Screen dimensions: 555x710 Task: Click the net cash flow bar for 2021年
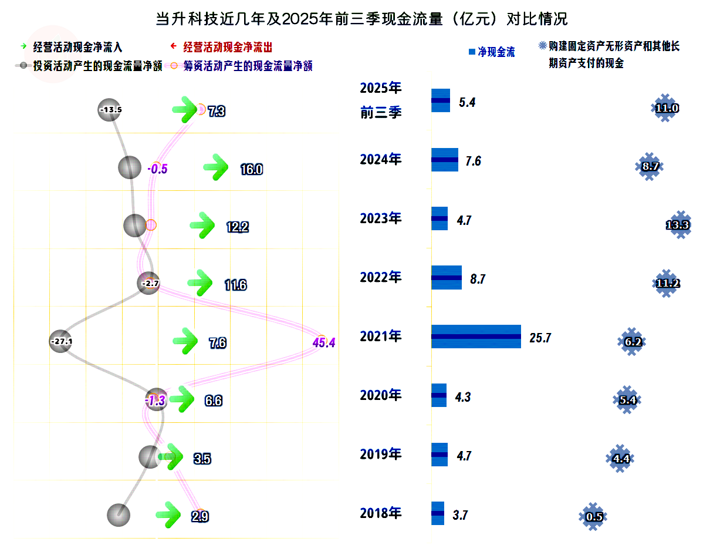[476, 337]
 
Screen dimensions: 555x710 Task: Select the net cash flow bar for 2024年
[445, 160]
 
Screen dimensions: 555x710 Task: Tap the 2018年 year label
[381, 513]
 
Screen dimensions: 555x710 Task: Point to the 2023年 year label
[381, 218]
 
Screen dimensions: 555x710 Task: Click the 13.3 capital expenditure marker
[679, 224]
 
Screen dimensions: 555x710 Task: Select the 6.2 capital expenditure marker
[633, 341]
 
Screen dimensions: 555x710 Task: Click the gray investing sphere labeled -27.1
[60, 341]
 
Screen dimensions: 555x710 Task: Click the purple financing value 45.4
[324, 342]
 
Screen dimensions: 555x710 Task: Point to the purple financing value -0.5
[158, 169]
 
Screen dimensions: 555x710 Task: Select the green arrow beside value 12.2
[203, 225]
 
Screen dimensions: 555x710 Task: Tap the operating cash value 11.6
[235, 285]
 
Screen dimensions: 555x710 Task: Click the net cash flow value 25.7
[540, 338]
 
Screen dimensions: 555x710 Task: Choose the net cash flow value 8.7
[478, 279]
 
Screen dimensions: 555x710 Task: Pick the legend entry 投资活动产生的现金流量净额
[97, 66]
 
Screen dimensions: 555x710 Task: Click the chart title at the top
[361, 19]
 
